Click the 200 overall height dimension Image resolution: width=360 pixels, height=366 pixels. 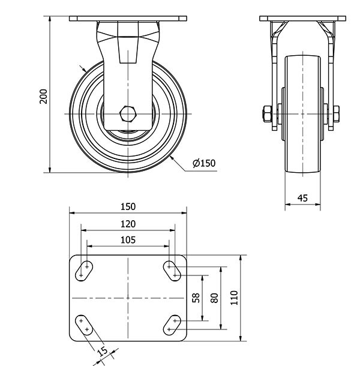coord(43,96)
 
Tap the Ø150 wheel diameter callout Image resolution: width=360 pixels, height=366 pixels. coord(204,163)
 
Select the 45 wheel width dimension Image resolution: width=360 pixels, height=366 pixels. coord(302,198)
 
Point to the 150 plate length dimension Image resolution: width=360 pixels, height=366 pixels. coord(128,206)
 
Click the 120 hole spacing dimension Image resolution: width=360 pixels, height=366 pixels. coord(128,224)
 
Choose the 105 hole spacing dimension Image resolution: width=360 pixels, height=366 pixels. coord(128,240)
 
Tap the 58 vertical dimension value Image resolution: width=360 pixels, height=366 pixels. coord(196,298)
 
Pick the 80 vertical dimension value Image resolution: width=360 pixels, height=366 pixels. coord(214,298)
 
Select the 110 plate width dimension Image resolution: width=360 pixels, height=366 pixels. coord(234,298)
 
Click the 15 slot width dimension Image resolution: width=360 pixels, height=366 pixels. coord(103,351)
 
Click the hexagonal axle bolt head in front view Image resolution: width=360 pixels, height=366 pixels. coord(127,114)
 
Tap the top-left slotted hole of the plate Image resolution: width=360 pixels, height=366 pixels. coord(84,271)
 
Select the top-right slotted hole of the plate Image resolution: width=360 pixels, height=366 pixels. coord(172,271)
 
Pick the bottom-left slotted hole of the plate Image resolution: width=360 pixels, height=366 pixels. coord(84,325)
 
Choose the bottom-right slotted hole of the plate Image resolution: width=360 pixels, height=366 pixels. coord(172,325)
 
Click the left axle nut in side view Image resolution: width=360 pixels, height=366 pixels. coord(267,114)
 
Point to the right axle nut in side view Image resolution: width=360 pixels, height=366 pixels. coord(336,114)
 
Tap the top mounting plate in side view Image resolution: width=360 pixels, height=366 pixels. coord(302,19)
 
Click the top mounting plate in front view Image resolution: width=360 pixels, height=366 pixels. coord(128,19)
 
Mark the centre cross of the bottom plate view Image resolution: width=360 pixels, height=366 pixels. coord(128,298)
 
